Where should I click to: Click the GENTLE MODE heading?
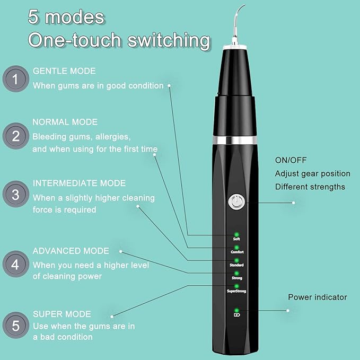pos(64,71)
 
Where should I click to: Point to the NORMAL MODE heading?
pos(65,122)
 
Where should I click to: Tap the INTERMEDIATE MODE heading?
pos(79,183)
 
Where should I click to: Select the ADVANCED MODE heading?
pos(71,251)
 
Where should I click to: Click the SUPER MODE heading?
pos(62,314)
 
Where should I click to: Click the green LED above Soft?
pos(236,234)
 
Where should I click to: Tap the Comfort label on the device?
pos(236,251)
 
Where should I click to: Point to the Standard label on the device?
pos(236,265)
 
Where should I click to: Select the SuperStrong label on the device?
pos(236,291)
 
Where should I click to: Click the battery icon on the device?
pos(236,315)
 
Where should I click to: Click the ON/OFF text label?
pos(291,160)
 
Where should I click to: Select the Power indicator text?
pos(317,297)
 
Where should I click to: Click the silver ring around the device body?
pos(236,140)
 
